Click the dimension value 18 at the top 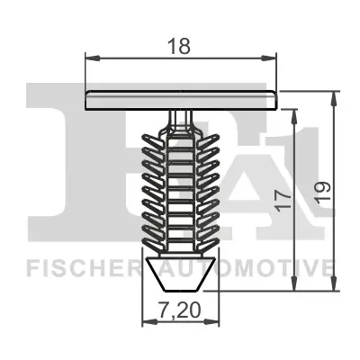pyautogui.click(x=181, y=41)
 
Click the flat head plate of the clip pyautogui.click(x=181, y=100)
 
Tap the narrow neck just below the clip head pyautogui.click(x=181, y=117)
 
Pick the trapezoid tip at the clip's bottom pyautogui.click(x=180, y=274)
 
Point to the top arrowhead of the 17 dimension pyautogui.click(x=294, y=112)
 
